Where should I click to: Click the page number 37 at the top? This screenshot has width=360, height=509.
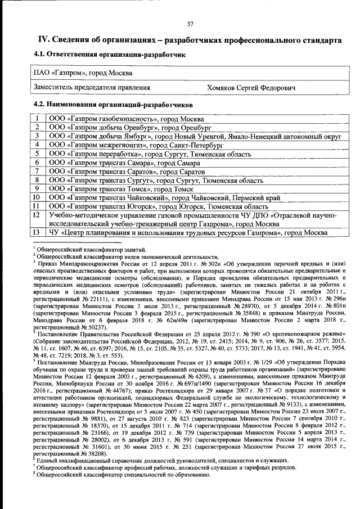tap(190, 23)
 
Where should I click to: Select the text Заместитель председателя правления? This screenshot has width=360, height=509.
tap(92, 87)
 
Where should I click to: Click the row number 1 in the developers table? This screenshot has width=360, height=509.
tap(37, 119)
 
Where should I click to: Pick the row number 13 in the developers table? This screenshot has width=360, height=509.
tap(37, 233)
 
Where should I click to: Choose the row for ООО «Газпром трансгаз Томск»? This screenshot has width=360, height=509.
tap(118, 188)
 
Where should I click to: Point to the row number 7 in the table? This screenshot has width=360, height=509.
tap(37, 171)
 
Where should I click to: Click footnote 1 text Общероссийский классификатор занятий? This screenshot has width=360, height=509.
tap(91, 250)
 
